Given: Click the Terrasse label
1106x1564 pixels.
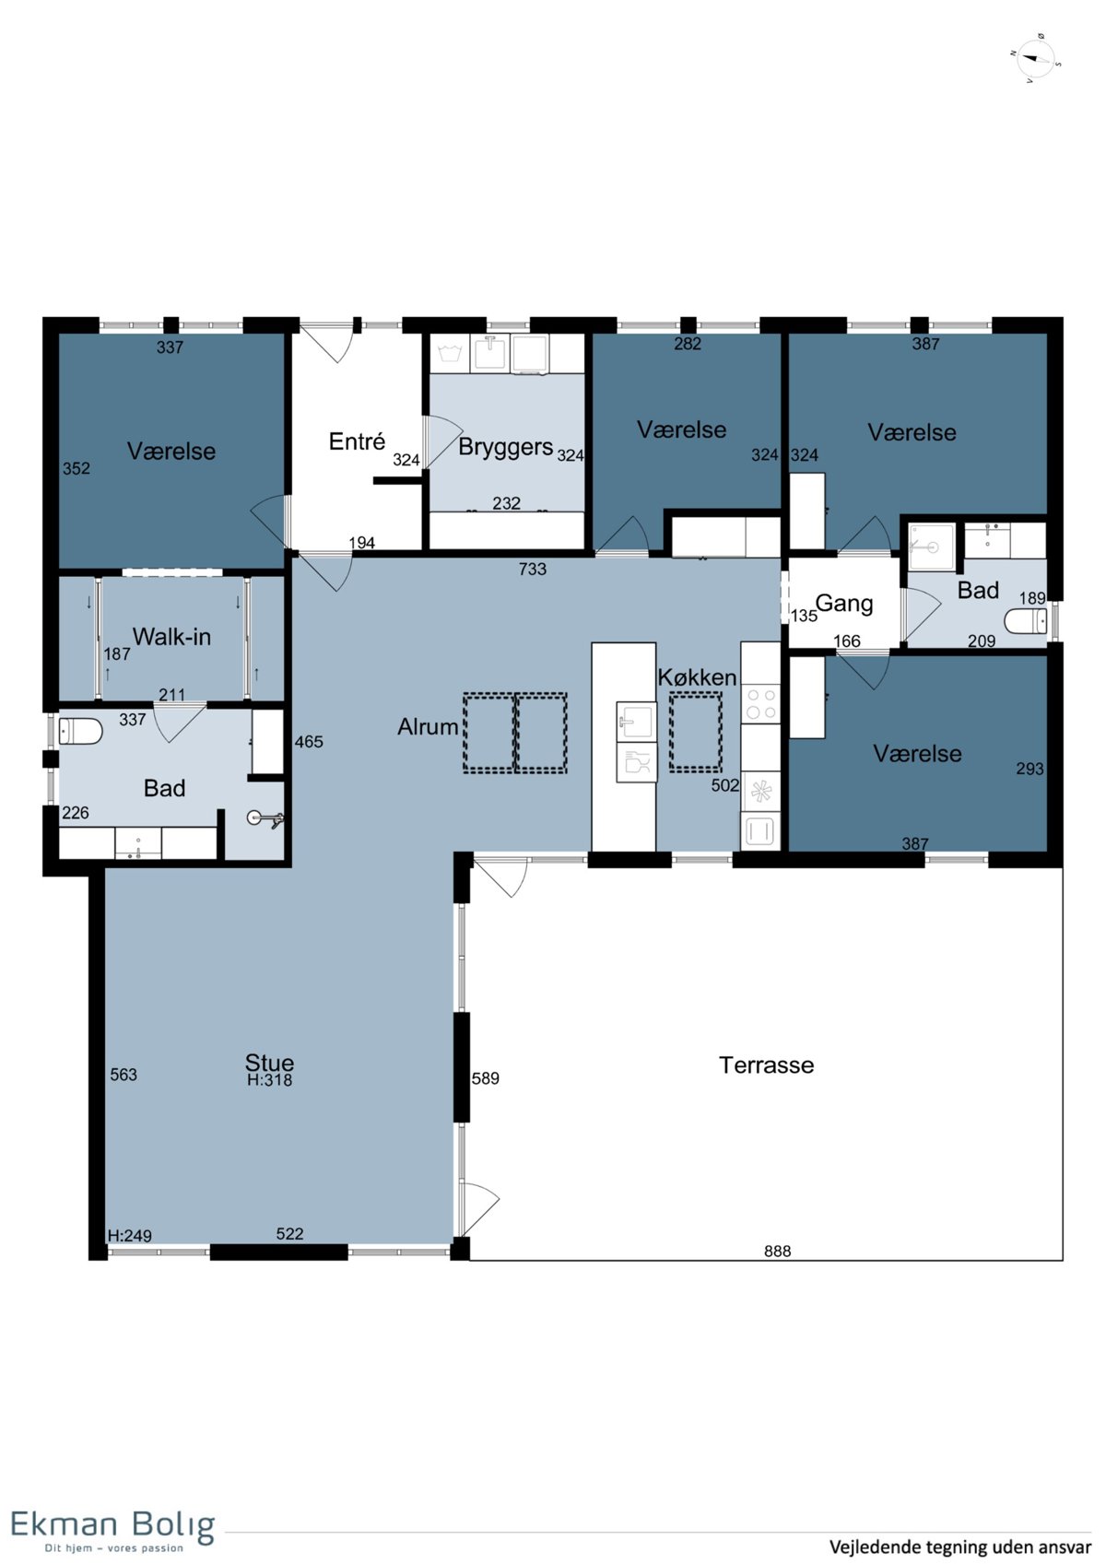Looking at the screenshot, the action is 766,1064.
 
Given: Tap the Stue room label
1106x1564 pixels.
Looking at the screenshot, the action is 269,1063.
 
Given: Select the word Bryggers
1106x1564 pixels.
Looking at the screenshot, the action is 505,447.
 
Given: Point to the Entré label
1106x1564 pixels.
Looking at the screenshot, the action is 357,441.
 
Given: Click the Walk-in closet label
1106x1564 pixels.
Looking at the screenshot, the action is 171,636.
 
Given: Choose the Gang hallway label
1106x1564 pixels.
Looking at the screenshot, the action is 844,604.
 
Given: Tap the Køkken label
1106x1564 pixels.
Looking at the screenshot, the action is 697,676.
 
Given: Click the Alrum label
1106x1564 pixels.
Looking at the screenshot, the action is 428,727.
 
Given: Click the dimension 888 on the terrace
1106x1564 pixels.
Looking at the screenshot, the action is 777,1252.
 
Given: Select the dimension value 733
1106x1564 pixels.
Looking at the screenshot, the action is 532,569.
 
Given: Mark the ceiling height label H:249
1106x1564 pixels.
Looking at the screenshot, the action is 129,1235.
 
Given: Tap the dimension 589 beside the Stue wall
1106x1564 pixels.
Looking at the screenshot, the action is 486,1078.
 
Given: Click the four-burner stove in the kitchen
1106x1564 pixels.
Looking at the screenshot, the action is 760,704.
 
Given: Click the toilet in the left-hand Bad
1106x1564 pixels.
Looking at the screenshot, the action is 80,732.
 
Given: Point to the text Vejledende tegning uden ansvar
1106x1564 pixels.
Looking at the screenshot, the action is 960,1546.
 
